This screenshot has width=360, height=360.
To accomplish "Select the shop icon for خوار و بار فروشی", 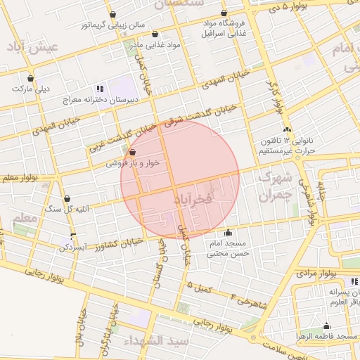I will pos(132,152).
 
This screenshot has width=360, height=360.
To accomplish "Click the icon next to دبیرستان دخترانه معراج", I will pos(99,89).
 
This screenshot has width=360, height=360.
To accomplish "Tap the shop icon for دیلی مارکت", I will pos(30,78).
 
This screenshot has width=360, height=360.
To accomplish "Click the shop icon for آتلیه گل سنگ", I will pos(67,198).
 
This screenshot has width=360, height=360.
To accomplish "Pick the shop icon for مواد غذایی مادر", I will pos(155,34).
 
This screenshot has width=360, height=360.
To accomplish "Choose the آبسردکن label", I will pos(76,248).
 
